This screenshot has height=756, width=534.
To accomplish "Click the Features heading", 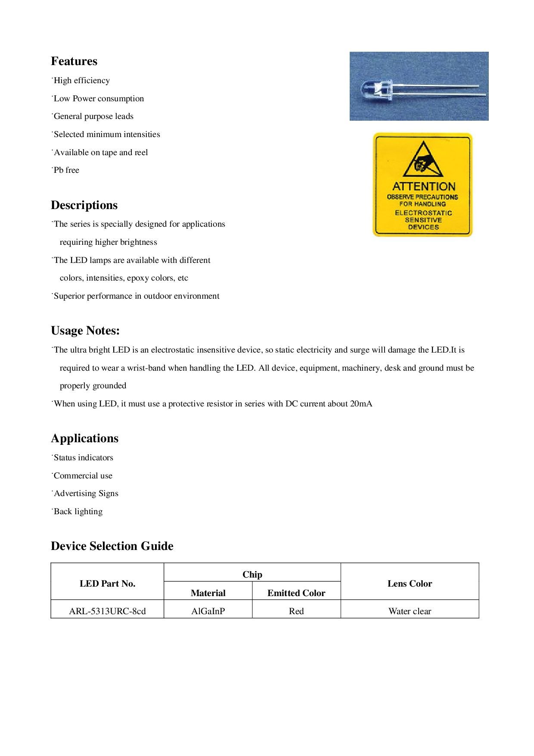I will tap(74, 61).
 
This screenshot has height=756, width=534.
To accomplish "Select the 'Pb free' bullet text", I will tap(66, 170).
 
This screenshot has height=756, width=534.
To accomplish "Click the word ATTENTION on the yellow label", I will tap(424, 187).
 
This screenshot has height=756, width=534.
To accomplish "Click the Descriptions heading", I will tap(84, 205).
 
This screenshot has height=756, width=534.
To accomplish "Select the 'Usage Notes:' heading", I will tap(85, 331).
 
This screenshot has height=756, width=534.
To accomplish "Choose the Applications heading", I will tap(84, 438).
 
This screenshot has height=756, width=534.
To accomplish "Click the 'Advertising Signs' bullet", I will tap(86, 494).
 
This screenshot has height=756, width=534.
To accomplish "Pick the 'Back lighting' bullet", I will tap(78, 512).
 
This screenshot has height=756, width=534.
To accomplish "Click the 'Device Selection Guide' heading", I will tap(112, 546).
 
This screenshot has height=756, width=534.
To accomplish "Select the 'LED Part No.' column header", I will tap(107, 584).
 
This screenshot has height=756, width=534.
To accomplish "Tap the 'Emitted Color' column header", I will tap(296, 593).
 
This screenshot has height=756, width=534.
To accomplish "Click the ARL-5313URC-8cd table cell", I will tap(107, 611).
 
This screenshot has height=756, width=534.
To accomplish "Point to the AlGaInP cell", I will tap(208, 611).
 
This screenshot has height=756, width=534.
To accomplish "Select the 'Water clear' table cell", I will tap(410, 611).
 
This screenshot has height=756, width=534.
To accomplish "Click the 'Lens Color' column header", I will tap(410, 584).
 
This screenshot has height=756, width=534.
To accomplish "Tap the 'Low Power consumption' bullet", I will tap(99, 99).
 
